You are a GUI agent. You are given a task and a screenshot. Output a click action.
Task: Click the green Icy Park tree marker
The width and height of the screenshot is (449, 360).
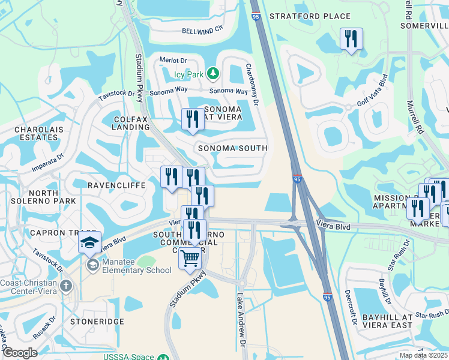212,74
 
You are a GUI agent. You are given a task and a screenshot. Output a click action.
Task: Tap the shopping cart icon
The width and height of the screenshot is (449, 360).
190,259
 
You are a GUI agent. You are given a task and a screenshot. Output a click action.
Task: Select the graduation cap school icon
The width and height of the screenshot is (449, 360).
89,243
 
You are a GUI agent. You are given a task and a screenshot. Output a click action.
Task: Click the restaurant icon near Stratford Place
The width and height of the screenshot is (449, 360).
351,39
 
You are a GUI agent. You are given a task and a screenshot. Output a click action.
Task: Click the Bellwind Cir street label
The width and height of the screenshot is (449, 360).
202,29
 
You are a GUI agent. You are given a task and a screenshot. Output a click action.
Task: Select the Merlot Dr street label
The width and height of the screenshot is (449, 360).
174,61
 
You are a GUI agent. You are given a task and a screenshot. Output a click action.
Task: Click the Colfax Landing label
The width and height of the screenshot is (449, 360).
131,124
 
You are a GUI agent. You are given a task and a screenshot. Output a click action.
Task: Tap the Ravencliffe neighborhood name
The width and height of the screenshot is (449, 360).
117,185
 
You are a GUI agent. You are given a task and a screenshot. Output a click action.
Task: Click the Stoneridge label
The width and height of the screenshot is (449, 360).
97,322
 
